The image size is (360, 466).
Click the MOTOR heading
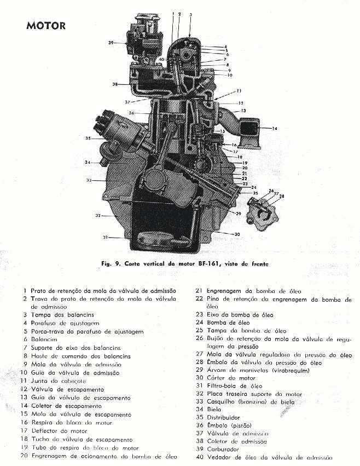coord(45,25)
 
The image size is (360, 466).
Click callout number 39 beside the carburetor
coord(111,42)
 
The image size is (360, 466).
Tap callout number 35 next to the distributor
coord(88,139)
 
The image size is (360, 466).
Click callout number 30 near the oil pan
coord(236,234)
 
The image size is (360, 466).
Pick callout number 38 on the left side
coord(115,84)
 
